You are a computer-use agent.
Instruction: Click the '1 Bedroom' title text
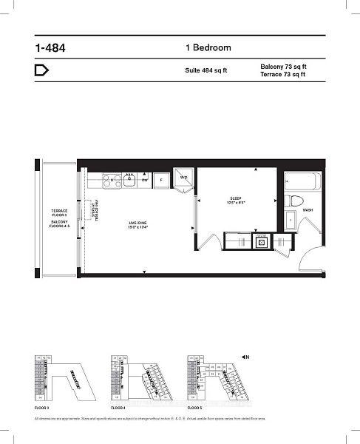[x=208, y=48]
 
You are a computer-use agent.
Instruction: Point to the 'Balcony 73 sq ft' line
[x=283, y=67]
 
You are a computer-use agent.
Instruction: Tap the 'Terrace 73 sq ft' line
[x=283, y=75]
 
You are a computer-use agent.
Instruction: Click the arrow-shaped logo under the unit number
[x=42, y=71]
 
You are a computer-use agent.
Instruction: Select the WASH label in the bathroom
[x=308, y=209]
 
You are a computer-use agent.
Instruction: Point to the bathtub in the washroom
[x=302, y=181]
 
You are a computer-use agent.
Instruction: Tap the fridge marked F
[x=161, y=180]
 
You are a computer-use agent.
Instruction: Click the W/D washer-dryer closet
[x=183, y=178]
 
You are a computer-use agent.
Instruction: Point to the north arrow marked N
[x=245, y=357]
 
